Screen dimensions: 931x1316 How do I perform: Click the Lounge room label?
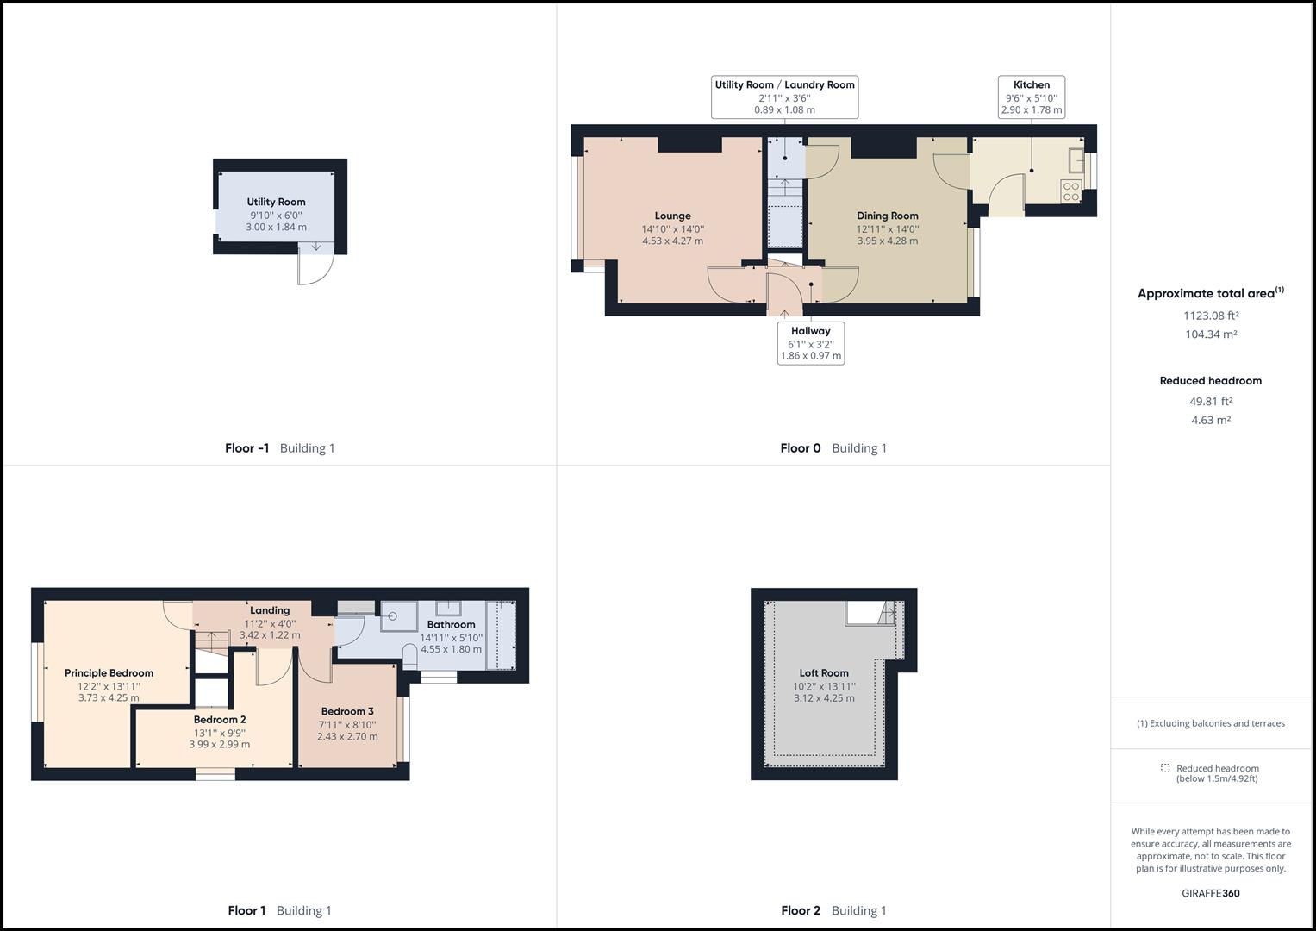(672, 216)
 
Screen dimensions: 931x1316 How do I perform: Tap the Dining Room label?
(887, 216)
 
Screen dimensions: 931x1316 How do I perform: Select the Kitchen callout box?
(1032, 97)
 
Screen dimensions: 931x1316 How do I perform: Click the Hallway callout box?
(810, 342)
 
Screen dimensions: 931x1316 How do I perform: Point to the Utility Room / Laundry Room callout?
(784, 97)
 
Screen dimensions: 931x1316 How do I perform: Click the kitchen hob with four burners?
(1071, 191)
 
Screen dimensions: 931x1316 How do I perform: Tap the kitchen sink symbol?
(1076, 161)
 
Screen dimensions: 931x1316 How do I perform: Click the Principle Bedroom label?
(109, 673)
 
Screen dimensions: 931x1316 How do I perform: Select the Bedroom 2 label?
(220, 720)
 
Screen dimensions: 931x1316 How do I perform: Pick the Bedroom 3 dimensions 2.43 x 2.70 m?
(347, 737)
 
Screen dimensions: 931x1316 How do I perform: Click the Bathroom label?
(451, 625)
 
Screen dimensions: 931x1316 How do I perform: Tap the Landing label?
(270, 610)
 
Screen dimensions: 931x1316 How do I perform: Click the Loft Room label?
(824, 673)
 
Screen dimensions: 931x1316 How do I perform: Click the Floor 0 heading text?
(801, 448)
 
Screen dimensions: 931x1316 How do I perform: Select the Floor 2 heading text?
(801, 910)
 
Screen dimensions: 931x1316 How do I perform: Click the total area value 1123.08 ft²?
(1210, 316)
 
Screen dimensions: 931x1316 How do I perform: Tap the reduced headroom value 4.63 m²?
(1210, 421)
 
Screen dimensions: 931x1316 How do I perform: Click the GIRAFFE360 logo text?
(1210, 893)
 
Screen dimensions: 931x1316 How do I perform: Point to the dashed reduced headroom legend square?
(1165, 768)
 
